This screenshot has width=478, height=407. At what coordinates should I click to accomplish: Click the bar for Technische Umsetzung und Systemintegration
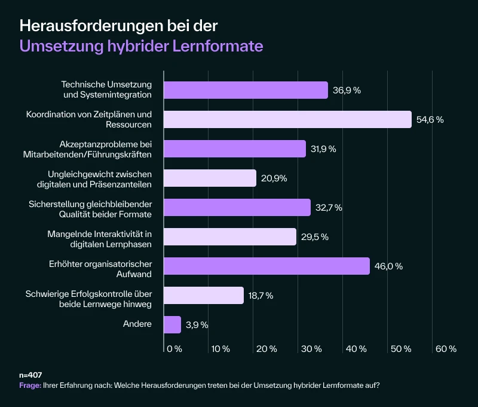[x=246, y=90]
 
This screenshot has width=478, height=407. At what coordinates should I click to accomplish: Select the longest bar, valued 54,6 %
[x=287, y=119]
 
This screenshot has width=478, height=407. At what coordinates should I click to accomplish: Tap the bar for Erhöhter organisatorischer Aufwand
[x=266, y=266]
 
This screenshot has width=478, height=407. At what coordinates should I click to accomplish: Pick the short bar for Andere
[x=172, y=324]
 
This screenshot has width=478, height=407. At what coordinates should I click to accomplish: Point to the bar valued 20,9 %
[x=210, y=178]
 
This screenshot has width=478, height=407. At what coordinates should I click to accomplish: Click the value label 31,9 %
[x=324, y=149]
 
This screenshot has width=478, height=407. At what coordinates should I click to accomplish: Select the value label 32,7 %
[x=329, y=208]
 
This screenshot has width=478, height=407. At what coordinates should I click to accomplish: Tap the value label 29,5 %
[x=315, y=237]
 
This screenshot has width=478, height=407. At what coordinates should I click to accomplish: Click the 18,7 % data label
[x=261, y=295]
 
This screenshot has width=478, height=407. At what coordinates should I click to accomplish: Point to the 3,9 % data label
[x=197, y=325]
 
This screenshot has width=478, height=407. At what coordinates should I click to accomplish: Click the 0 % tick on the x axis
[x=174, y=348]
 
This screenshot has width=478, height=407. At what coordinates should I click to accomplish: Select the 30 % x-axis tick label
[x=311, y=348]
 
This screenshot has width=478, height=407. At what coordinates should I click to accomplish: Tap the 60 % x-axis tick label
[x=446, y=348]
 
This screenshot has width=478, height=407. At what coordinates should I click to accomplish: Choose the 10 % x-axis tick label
[x=220, y=348]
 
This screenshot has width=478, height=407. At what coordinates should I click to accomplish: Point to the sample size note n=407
[x=30, y=375]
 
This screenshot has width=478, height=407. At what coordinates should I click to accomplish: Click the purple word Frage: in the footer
[x=30, y=385]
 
